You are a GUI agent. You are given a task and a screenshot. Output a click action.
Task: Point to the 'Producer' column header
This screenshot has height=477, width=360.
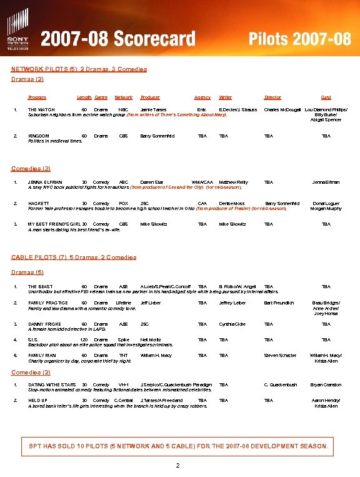click(150, 98)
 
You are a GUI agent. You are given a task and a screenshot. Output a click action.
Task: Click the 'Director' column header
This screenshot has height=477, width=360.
click(272, 98)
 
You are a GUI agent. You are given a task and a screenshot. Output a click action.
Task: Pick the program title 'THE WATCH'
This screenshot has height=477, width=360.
click(41, 110)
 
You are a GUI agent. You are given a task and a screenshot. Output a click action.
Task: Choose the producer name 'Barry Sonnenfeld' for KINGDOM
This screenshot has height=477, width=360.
click(157, 136)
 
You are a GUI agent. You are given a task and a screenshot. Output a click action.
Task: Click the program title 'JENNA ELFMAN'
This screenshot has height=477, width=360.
click(45, 182)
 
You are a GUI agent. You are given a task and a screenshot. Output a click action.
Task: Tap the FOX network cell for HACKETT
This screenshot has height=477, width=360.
click(123, 203)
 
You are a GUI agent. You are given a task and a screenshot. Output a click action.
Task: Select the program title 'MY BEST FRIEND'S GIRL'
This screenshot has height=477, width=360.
click(54, 224)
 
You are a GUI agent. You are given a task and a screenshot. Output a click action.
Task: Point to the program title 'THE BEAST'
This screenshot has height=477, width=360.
click(41, 286)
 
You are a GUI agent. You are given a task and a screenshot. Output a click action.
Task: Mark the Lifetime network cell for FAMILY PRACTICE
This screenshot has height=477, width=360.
click(124, 303)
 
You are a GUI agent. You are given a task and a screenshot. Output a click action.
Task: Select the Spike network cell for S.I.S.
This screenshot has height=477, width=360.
click(123, 339)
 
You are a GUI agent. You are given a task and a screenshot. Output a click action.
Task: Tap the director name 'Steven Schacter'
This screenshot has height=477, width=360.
click(280, 356)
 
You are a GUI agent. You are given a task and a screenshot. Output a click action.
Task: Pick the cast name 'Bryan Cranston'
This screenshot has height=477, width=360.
click(326, 384)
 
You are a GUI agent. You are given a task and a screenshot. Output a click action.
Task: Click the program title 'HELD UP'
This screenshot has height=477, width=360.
click(38, 400)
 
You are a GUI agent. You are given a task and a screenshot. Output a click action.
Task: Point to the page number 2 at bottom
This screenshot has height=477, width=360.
click(178, 466)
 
